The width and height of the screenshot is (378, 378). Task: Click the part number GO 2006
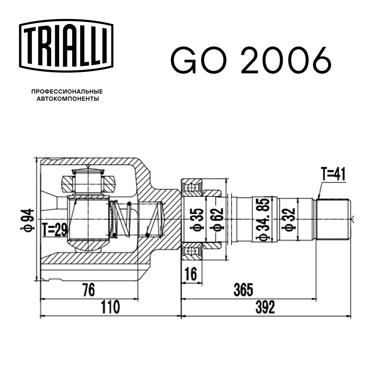coord(251,61)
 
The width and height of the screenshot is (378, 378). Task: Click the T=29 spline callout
coord(54,229)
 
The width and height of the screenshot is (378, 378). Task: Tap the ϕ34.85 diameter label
coord(264,218)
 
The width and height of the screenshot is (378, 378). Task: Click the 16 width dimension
coord(192,274)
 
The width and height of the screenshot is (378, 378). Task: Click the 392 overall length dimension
coord(264,307)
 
